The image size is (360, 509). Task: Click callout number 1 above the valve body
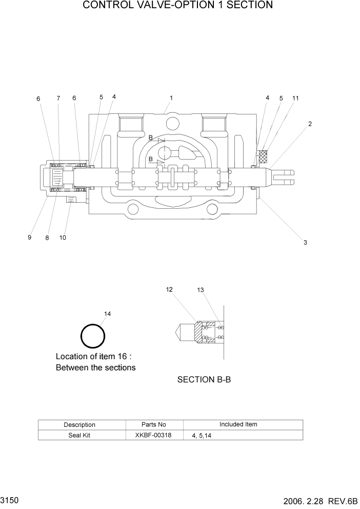[x=171, y=97]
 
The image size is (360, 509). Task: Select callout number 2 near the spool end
[x=310, y=124]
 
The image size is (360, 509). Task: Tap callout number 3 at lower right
[x=305, y=242]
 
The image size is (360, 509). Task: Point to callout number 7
[x=58, y=99]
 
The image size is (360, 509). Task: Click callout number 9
[x=30, y=238]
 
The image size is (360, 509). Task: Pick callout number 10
[x=63, y=238]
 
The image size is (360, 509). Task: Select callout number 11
[x=295, y=98]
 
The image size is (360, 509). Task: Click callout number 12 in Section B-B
[x=169, y=290]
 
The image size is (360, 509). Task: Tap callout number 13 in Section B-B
[x=201, y=290]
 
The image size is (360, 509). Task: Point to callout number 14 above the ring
[x=107, y=314]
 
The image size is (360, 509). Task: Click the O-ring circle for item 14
[x=93, y=337]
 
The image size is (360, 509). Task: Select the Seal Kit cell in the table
[x=79, y=435]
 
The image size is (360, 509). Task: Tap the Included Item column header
[x=238, y=424]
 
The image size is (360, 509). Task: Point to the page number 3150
[x=10, y=500]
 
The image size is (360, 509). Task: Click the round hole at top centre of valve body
[x=173, y=123]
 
